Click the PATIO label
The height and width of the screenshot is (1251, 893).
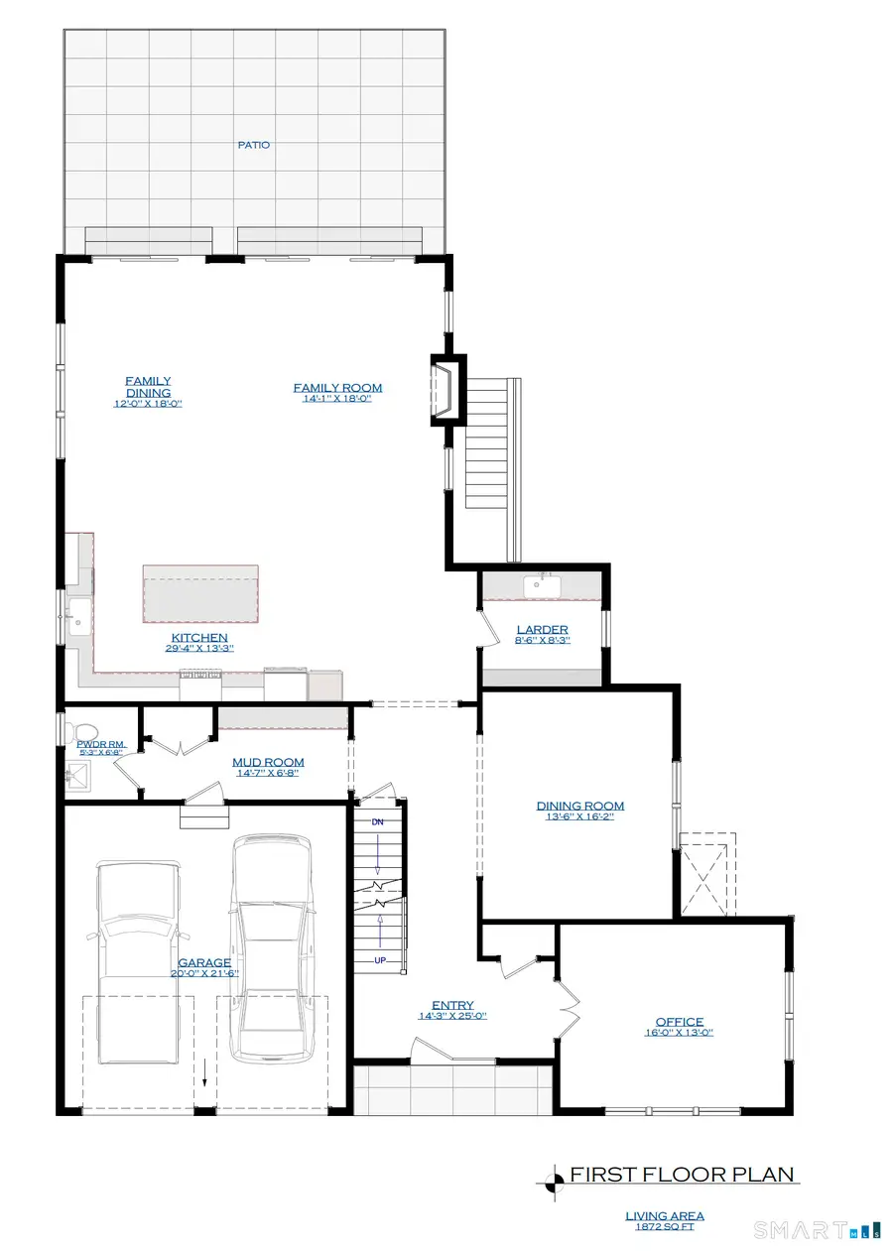click(253, 145)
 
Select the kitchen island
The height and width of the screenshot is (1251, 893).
click(201, 591)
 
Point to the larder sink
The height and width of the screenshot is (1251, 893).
click(541, 585)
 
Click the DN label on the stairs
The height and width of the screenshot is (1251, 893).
click(377, 823)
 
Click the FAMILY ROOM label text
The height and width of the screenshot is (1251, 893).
click(337, 388)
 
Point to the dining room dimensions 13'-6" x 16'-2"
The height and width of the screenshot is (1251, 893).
click(580, 819)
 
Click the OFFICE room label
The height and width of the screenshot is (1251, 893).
click(679, 1022)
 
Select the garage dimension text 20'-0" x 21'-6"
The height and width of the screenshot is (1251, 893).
click(203, 973)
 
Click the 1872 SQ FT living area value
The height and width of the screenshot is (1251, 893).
click(665, 1227)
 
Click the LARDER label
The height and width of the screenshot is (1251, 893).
click(542, 630)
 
